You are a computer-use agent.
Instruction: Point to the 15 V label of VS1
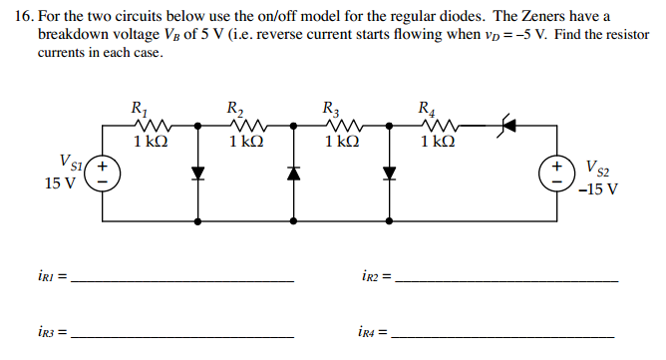click(61, 183)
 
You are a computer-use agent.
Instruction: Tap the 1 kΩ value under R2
click(245, 142)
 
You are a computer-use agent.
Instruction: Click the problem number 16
click(23, 17)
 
